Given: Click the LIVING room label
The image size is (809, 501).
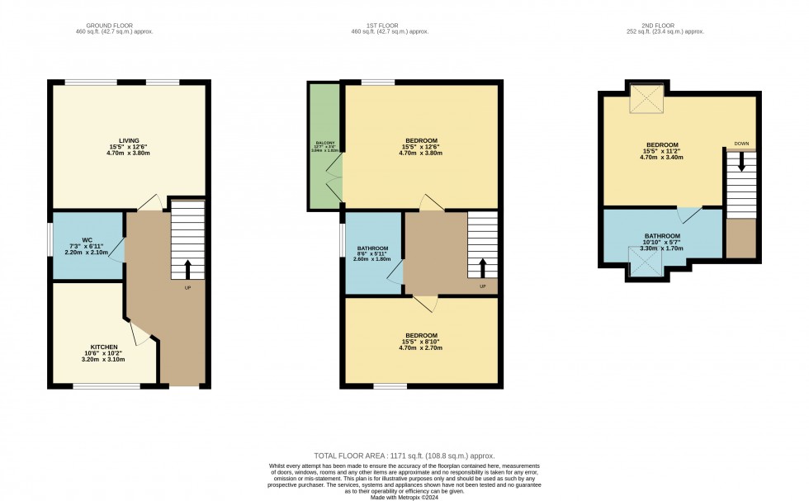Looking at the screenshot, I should (128, 140).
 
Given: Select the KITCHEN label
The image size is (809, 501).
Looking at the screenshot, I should (105, 347).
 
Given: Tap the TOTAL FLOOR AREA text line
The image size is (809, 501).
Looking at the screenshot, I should (404, 456).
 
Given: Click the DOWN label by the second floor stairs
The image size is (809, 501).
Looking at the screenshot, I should (741, 144).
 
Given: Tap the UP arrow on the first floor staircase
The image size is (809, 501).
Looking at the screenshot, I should (483, 268).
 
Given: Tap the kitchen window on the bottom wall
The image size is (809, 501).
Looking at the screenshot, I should (106, 385).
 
